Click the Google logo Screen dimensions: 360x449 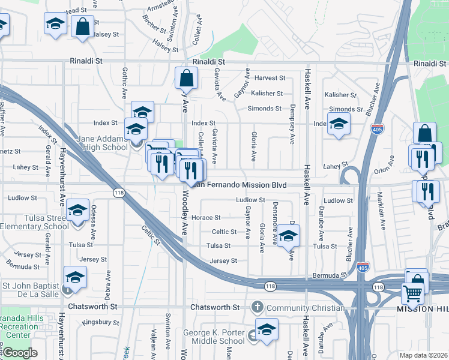(20, 353)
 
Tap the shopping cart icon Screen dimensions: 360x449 (412, 293)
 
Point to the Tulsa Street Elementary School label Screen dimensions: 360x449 (35, 222)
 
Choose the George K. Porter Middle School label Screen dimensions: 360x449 (214, 337)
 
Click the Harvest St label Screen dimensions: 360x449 (269, 78)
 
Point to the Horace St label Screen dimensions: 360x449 (210, 217)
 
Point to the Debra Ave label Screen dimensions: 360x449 (107, 285)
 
